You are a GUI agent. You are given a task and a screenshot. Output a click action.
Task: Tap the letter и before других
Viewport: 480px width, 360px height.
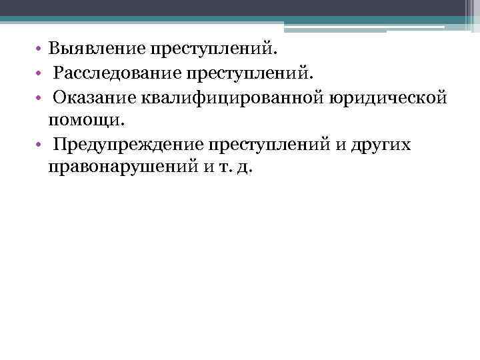point(349,145)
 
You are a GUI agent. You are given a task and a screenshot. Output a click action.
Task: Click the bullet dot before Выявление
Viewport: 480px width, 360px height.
point(41,50)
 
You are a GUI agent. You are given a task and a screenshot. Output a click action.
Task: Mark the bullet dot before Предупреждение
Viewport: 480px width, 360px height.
point(41,145)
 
